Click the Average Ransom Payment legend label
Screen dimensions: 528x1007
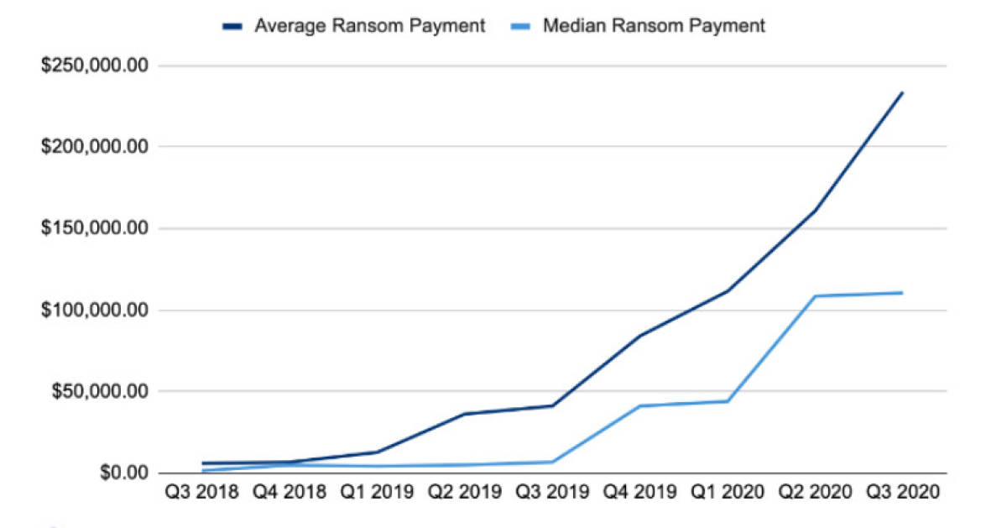click(369, 26)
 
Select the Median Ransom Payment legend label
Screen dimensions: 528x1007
click(654, 26)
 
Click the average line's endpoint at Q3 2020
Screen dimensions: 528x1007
click(902, 92)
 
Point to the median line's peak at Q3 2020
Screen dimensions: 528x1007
click(902, 293)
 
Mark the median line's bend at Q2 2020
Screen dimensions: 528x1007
click(815, 296)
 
